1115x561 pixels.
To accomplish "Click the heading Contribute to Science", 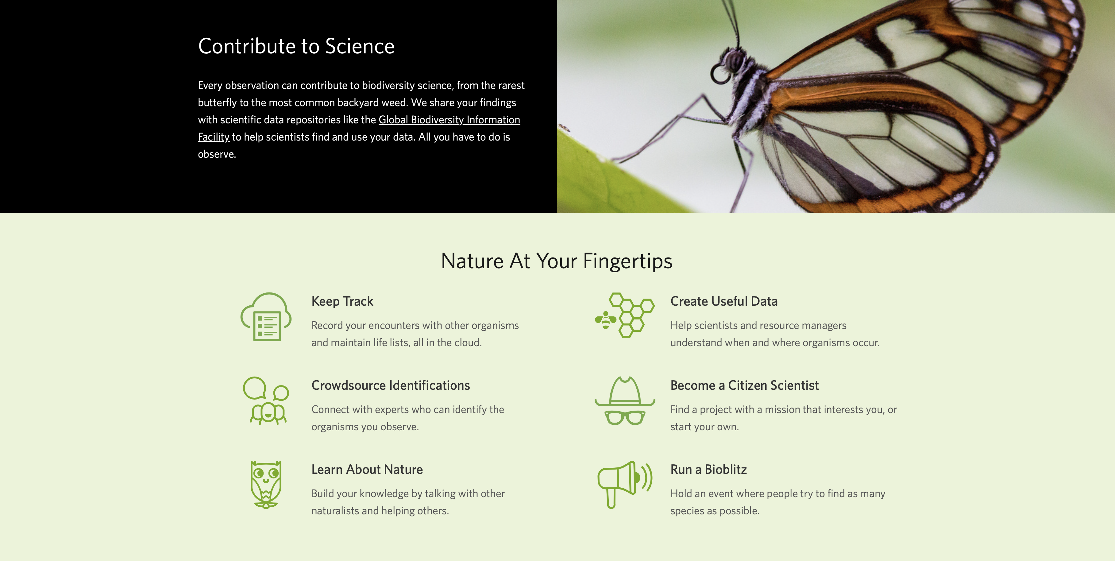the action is click(x=296, y=46).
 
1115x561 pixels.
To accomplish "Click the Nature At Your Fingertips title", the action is click(x=557, y=261).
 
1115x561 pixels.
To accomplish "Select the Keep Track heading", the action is click(x=342, y=301).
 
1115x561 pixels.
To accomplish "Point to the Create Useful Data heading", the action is click(x=724, y=301).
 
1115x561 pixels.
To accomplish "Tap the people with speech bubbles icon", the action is click(x=266, y=400).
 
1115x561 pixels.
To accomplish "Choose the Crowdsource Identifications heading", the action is click(x=390, y=385).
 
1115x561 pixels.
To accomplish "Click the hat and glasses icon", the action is click(x=625, y=401).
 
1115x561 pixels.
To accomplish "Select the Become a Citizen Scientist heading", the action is click(x=744, y=385).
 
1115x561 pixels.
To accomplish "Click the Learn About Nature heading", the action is click(x=367, y=469).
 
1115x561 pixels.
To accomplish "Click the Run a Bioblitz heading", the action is click(x=708, y=469).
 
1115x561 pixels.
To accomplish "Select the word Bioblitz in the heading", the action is click(x=726, y=469).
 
